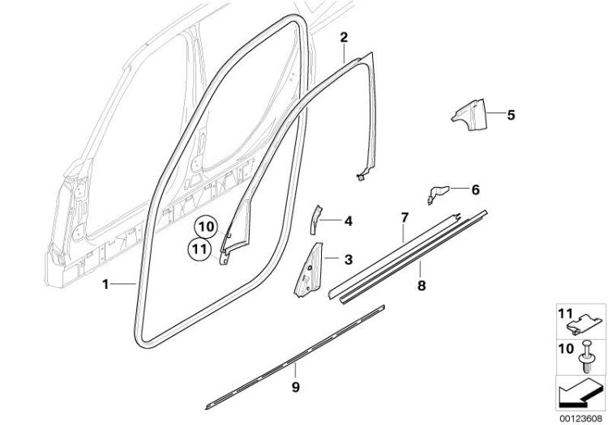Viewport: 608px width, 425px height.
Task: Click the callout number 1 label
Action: click(105, 284)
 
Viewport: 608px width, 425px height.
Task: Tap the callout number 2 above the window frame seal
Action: click(344, 37)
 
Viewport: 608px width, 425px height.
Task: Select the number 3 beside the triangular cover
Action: click(349, 259)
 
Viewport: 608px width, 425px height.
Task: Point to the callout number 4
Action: click(349, 221)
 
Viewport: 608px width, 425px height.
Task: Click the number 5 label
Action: click(511, 115)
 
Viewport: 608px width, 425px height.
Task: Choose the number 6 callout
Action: click(475, 190)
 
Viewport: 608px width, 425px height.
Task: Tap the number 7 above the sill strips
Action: click(405, 218)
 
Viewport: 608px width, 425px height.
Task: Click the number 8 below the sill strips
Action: click(422, 286)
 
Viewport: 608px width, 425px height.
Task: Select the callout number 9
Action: click(295, 387)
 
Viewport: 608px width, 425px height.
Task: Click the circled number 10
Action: click(207, 227)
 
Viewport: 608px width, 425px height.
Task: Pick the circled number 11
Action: click(199, 249)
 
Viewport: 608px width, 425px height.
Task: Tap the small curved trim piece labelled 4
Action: click(315, 219)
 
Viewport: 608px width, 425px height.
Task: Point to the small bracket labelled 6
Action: click(437, 193)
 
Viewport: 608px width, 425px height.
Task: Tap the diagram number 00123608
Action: click(581, 419)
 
